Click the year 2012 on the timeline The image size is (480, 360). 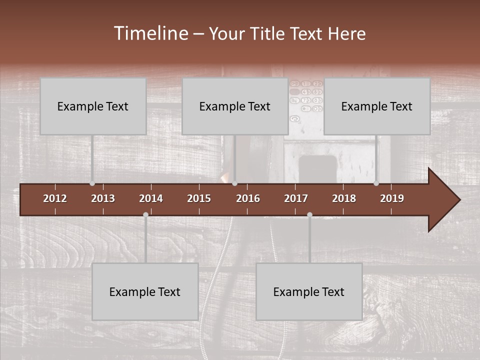[55, 198]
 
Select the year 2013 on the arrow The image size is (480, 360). [103, 198]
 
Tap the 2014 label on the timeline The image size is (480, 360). [151, 198]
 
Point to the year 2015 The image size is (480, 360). [199, 198]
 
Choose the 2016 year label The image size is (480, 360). [248, 198]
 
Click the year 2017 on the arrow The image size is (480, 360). [296, 198]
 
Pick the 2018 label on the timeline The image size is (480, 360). [344, 198]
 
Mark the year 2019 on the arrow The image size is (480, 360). [392, 198]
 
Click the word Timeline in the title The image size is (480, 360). [151, 33]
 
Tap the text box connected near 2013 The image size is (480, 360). [93, 106]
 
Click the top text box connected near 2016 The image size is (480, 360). [235, 106]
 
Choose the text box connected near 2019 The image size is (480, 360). [377, 106]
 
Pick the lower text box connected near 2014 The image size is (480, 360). [145, 291]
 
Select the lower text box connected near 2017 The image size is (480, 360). [309, 291]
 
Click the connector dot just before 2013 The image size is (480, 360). [92, 183]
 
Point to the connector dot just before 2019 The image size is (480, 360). [376, 183]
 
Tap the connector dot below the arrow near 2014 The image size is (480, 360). [145, 215]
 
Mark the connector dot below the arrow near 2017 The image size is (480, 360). [309, 215]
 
